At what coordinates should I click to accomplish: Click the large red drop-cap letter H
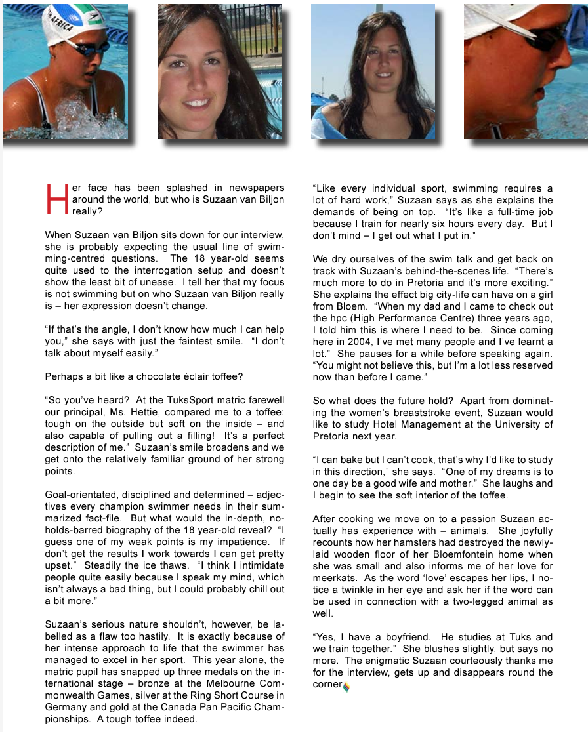(x=58, y=200)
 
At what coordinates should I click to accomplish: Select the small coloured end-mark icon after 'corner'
(x=346, y=687)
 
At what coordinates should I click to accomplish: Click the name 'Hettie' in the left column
(x=130, y=412)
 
